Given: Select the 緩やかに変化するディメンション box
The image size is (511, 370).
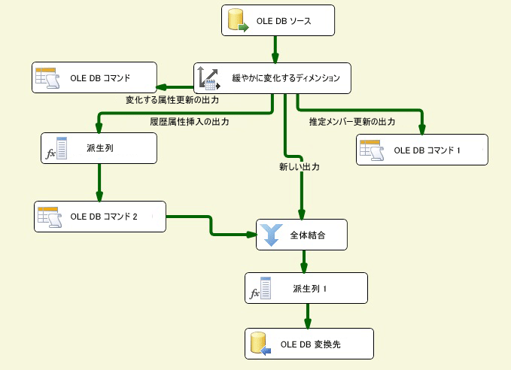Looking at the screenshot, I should (x=272, y=77).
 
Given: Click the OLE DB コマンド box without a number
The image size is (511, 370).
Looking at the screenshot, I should (x=93, y=77).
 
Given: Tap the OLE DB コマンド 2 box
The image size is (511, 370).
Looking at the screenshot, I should (x=99, y=217).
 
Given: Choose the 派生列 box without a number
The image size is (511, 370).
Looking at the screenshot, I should (x=99, y=148).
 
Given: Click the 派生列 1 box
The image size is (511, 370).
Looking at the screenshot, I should (x=306, y=288).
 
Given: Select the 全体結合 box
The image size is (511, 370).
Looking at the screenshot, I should (x=301, y=235).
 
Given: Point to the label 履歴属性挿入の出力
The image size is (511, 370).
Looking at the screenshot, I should (x=190, y=121).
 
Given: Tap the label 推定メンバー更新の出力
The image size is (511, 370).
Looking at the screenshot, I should (x=352, y=121).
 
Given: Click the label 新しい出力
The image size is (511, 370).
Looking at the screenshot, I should (x=299, y=168).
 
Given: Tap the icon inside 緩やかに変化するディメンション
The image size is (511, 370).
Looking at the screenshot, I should (x=207, y=77).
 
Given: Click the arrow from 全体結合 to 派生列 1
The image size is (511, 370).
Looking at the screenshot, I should (x=304, y=261).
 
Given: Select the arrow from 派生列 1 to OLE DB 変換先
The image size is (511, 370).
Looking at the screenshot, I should (x=306, y=316).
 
